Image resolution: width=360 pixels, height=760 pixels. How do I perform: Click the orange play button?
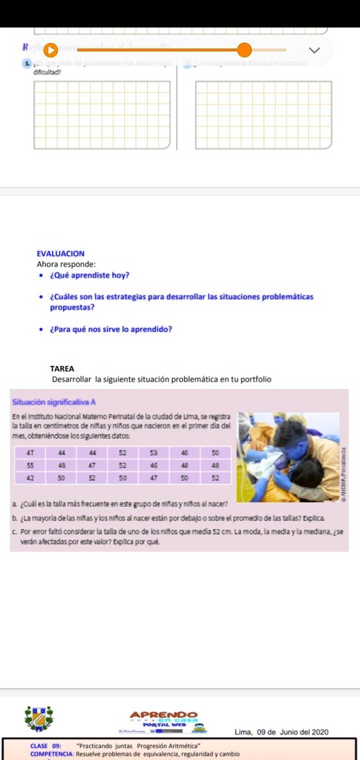point(50,50)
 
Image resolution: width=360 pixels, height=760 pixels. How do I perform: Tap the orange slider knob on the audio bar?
point(245,50)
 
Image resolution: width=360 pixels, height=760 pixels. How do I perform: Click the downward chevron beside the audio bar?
point(314,50)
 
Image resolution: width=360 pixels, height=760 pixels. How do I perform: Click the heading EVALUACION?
point(60,253)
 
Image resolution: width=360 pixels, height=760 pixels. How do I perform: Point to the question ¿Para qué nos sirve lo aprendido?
point(111,330)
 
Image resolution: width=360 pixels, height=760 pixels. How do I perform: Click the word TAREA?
point(62,368)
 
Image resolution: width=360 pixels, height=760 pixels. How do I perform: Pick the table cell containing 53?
point(154,452)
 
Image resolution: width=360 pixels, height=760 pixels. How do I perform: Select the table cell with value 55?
point(30,465)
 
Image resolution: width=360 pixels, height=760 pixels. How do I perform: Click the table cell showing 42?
point(30,478)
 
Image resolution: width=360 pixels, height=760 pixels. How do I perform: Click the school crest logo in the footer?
point(39,718)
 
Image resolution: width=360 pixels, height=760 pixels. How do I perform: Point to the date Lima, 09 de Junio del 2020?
point(281,733)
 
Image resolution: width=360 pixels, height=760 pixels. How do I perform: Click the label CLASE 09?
point(45,744)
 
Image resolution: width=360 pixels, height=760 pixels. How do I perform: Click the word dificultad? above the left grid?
point(46,72)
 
